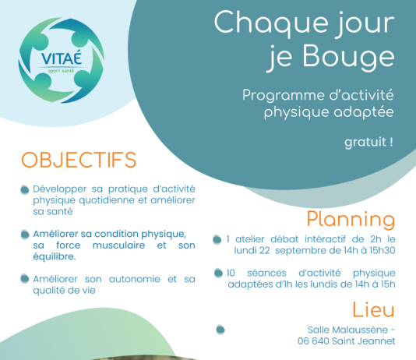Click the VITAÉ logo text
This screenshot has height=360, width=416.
click(x=62, y=58)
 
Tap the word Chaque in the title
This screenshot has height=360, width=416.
click(x=271, y=23)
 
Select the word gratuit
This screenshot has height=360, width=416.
click(x=365, y=143)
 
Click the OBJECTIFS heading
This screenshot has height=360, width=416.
click(x=79, y=160)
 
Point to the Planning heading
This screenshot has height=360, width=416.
click(x=351, y=220)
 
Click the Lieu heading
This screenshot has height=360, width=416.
click(x=373, y=309)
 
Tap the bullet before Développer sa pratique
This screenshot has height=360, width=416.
click(x=25, y=189)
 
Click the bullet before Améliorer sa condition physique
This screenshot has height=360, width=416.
click(x=25, y=235)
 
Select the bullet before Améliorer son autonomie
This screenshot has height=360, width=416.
click(x=25, y=279)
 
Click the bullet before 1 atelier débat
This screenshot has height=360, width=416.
click(x=217, y=239)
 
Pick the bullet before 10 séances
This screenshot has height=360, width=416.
click(x=218, y=273)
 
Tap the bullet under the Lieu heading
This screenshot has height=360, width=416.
click(x=220, y=330)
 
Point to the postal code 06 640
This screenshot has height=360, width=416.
click(x=313, y=341)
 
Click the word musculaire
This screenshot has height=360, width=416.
click(x=118, y=245)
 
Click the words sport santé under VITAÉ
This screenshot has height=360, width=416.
click(x=61, y=71)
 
